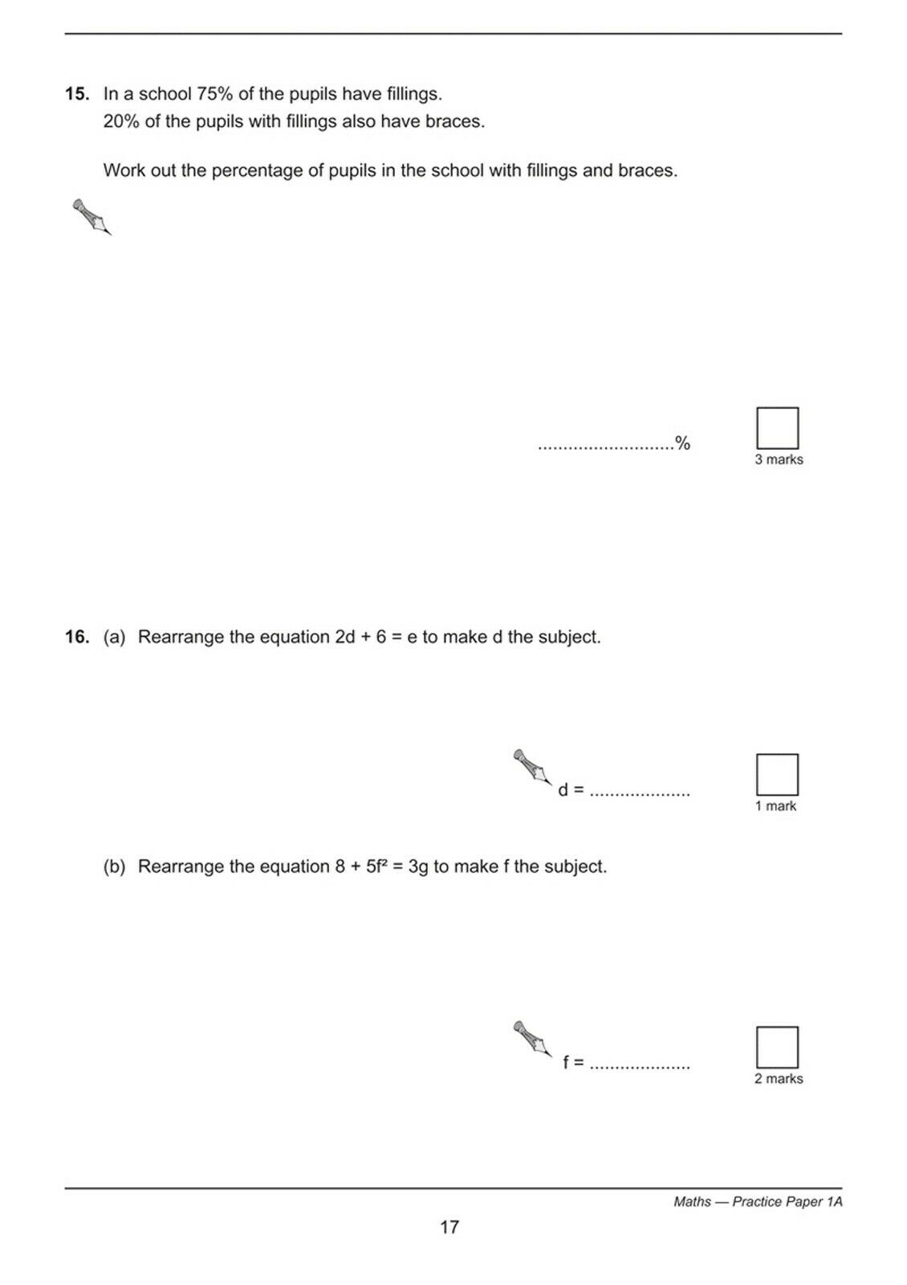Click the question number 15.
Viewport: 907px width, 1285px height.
[x=77, y=93]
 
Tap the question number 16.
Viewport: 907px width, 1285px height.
[x=77, y=637]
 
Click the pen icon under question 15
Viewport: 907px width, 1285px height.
[x=92, y=217]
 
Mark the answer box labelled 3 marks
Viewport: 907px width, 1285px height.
[x=777, y=428]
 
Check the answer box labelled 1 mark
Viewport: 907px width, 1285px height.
[x=777, y=774]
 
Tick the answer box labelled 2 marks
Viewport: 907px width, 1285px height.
[x=777, y=1047]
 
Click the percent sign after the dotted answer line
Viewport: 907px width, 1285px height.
[x=682, y=443]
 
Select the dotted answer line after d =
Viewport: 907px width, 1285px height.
[x=640, y=795]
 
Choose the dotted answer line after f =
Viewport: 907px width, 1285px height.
[x=640, y=1067]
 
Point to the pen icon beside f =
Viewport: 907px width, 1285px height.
[x=533, y=1039]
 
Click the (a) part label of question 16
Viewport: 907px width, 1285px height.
[x=114, y=637]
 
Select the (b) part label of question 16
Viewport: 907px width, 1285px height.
[x=114, y=866]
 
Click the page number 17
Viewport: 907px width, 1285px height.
[x=449, y=1227]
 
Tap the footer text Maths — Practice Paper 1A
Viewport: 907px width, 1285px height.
[x=758, y=1201]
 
